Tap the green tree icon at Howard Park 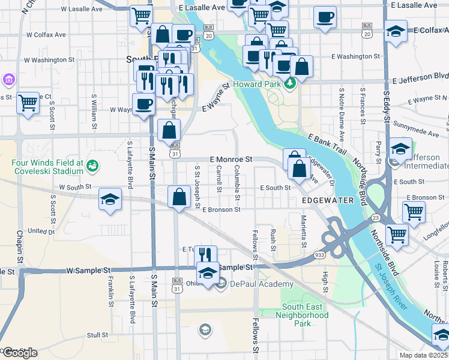point(291,82)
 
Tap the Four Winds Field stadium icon point(92,164)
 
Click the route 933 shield point(319,255)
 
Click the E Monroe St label point(231,160)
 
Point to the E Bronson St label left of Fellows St point(221,209)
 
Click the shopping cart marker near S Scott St point(28,103)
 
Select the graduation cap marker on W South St point(110,199)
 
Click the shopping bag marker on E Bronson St point(179,196)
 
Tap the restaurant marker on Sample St point(205,254)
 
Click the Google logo point(19,352)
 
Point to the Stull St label point(97,335)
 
